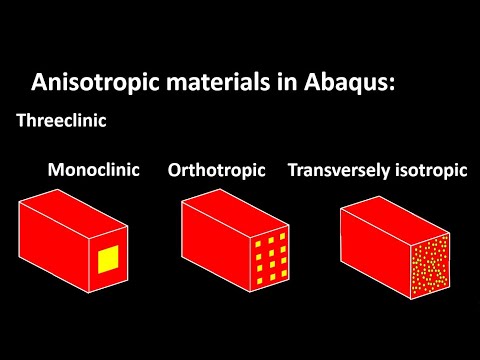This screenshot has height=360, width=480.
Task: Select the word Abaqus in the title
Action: tap(340, 83)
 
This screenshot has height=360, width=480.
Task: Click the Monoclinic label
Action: tap(93, 169)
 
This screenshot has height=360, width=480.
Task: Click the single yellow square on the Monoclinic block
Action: tap(108, 260)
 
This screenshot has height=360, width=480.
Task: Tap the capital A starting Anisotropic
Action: tap(40, 82)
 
